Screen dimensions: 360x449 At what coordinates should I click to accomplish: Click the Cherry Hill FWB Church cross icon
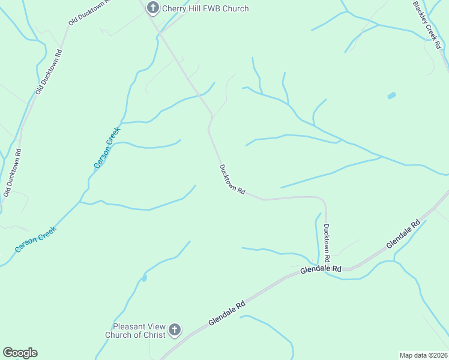click(x=152, y=8)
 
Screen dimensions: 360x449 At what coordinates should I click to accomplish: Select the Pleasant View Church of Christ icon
click(x=175, y=329)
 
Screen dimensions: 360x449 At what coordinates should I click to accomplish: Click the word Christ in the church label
click(x=153, y=335)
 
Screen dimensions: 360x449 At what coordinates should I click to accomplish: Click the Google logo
click(x=20, y=353)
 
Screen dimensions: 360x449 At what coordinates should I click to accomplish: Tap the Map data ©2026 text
click(x=423, y=355)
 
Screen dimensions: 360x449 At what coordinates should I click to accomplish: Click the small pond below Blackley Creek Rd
click(x=392, y=95)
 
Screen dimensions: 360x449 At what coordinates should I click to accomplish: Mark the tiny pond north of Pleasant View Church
click(x=144, y=278)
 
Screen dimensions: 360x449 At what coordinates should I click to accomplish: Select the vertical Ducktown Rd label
click(x=327, y=242)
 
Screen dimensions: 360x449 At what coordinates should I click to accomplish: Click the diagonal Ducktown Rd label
click(x=232, y=179)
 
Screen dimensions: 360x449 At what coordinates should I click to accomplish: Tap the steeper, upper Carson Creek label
click(x=107, y=148)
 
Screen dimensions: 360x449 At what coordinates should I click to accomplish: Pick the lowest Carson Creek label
click(x=36, y=238)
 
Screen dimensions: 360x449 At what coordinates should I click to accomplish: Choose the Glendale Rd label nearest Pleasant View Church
click(x=228, y=313)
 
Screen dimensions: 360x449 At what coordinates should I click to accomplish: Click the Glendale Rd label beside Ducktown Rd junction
click(x=321, y=269)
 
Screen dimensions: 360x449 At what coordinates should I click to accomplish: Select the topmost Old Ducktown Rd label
click(x=89, y=11)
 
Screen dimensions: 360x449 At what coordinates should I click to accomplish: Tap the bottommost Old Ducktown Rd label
click(x=12, y=173)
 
